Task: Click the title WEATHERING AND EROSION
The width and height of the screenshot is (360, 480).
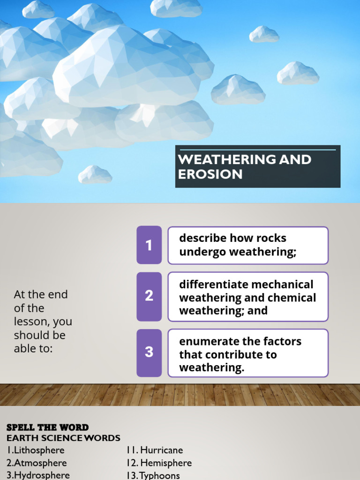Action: (244, 166)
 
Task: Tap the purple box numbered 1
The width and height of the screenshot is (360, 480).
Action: (149, 245)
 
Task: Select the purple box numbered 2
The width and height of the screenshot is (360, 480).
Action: (149, 296)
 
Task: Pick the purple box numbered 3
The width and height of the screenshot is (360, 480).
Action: (149, 352)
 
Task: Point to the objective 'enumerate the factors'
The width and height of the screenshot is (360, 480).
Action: (240, 354)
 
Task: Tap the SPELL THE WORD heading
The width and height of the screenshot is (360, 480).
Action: (47, 427)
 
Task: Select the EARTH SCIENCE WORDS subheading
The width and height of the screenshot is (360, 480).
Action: (63, 438)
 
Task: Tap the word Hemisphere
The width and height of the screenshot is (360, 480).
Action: (166, 463)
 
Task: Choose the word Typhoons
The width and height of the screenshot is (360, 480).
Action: (160, 475)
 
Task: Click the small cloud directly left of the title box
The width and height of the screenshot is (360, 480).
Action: (95, 174)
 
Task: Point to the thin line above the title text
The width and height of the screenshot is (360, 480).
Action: (257, 150)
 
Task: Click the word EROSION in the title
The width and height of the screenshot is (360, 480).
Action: (210, 174)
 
